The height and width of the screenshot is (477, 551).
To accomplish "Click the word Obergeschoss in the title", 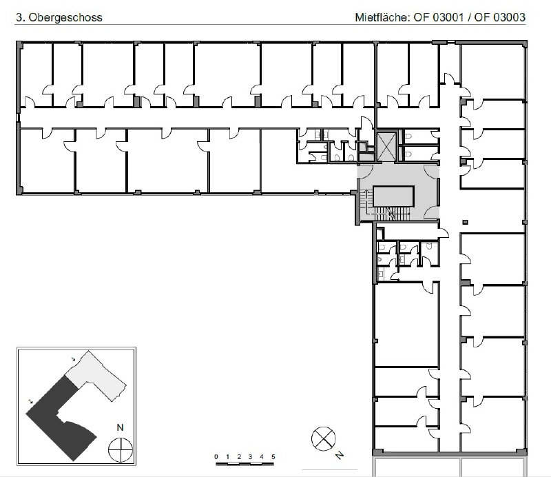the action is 65,18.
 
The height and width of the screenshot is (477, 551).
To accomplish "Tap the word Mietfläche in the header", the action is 382,17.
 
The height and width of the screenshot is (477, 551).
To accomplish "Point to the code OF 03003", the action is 500,17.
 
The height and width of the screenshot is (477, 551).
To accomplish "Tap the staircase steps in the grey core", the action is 388,212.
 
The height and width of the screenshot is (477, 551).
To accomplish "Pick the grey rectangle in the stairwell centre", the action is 393,196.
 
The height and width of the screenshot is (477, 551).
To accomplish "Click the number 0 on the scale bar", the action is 216,456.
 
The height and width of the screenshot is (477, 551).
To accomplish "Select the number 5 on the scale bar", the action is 273,456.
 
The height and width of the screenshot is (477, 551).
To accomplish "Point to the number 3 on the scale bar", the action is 250,456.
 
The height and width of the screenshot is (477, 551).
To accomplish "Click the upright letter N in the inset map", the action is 120,427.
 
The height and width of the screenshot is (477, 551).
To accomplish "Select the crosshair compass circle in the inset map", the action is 121,450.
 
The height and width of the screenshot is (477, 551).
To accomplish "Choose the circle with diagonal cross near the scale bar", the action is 323,438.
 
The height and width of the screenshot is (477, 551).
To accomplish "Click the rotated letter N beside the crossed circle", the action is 340,455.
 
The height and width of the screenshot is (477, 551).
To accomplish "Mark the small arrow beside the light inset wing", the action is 73,359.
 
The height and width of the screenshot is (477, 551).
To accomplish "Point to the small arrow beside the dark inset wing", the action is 30,401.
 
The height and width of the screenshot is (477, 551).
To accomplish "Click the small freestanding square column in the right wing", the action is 466,222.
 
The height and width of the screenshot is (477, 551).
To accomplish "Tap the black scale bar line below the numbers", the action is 245,464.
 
